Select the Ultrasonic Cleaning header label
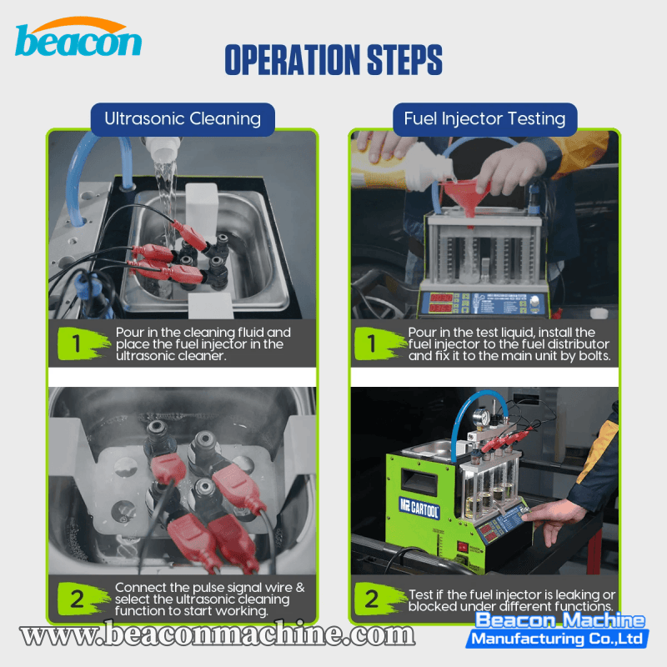(x=183, y=119)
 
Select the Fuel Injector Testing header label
(x=484, y=119)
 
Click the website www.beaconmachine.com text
(x=218, y=635)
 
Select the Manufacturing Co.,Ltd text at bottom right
(x=558, y=639)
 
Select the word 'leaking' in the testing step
(x=557, y=594)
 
